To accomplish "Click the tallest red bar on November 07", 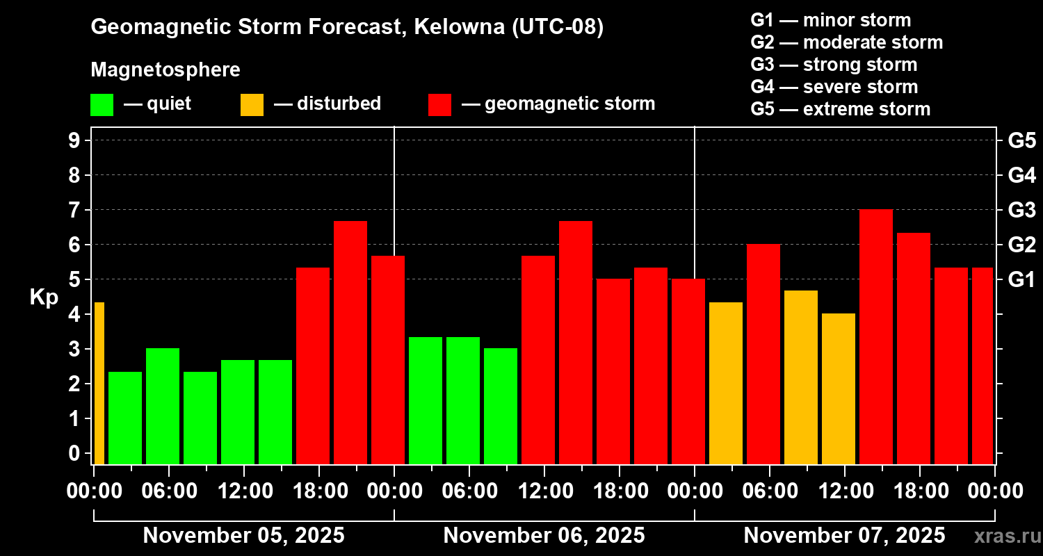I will tap(876, 337).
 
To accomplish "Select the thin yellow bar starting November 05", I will tap(99, 383).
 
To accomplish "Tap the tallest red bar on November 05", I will tap(350, 343).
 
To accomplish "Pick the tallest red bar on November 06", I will tap(576, 343).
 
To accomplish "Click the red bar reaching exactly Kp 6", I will tap(763, 354).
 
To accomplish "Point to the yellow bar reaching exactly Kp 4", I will tap(839, 389).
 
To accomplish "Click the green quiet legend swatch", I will tap(102, 105).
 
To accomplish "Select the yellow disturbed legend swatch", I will tap(252, 105).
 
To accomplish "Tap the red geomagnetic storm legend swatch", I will tap(440, 105).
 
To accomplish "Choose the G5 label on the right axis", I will tap(1021, 141).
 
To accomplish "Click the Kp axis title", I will tap(44, 297).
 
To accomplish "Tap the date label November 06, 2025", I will tap(544, 536).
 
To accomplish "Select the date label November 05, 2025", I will tap(243, 536).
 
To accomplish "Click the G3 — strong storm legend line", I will tap(834, 65).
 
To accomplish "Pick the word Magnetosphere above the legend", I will tap(165, 70).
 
